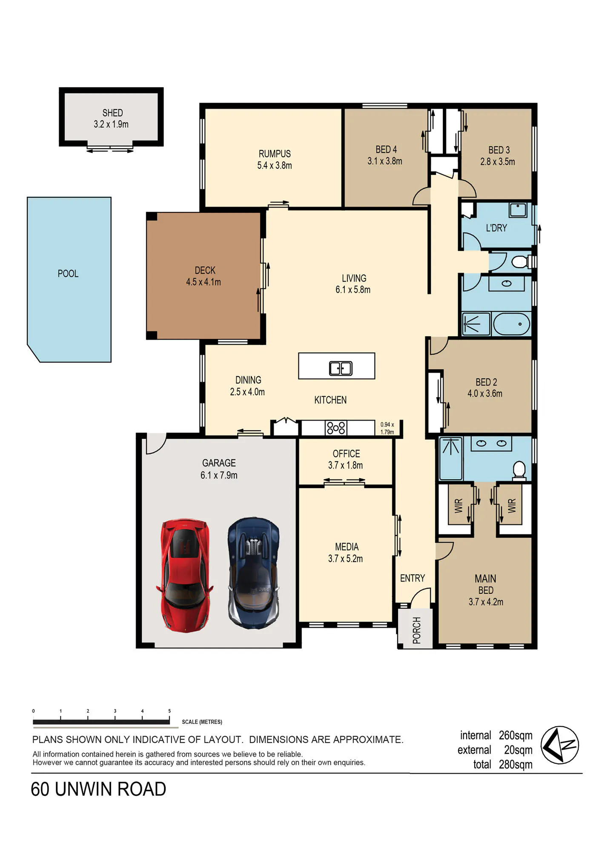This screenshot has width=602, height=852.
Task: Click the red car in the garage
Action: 185,575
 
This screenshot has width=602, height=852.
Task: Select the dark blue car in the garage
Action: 254,573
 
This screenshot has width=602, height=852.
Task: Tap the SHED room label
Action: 112,113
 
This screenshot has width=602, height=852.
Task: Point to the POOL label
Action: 68,273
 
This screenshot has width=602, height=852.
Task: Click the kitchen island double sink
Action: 341,368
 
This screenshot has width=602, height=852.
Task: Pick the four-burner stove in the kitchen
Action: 336,428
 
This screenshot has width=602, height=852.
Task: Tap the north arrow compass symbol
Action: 560,745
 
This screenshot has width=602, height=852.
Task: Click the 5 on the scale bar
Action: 169,711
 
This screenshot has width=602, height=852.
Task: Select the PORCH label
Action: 417,630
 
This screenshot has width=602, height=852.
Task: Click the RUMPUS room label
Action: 275,154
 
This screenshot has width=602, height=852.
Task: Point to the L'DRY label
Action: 496,228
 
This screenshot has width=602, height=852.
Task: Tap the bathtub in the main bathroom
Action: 512,324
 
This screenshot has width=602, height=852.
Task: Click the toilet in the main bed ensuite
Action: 519,470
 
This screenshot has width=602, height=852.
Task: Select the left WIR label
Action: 459,506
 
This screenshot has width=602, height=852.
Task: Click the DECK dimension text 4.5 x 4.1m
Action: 204,282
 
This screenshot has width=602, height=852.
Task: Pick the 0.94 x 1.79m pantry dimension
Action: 387,428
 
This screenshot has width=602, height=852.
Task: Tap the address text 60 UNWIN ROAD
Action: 98,789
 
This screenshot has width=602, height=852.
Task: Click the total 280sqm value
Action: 516,765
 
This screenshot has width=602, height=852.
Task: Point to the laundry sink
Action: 518,210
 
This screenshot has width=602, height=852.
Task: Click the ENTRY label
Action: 413,578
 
